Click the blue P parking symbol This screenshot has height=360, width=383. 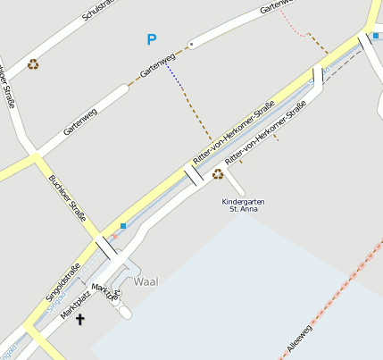coord(152,39)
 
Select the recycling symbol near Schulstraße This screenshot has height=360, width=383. coord(33,64)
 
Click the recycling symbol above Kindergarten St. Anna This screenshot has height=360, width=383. coord(218,174)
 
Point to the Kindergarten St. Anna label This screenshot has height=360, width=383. coord(243,205)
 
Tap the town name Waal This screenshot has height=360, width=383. coord(146,281)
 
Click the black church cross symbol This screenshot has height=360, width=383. coord(80,319)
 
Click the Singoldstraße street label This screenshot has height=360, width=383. coord(63,280)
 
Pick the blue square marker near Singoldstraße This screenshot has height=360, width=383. coord(123,225)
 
